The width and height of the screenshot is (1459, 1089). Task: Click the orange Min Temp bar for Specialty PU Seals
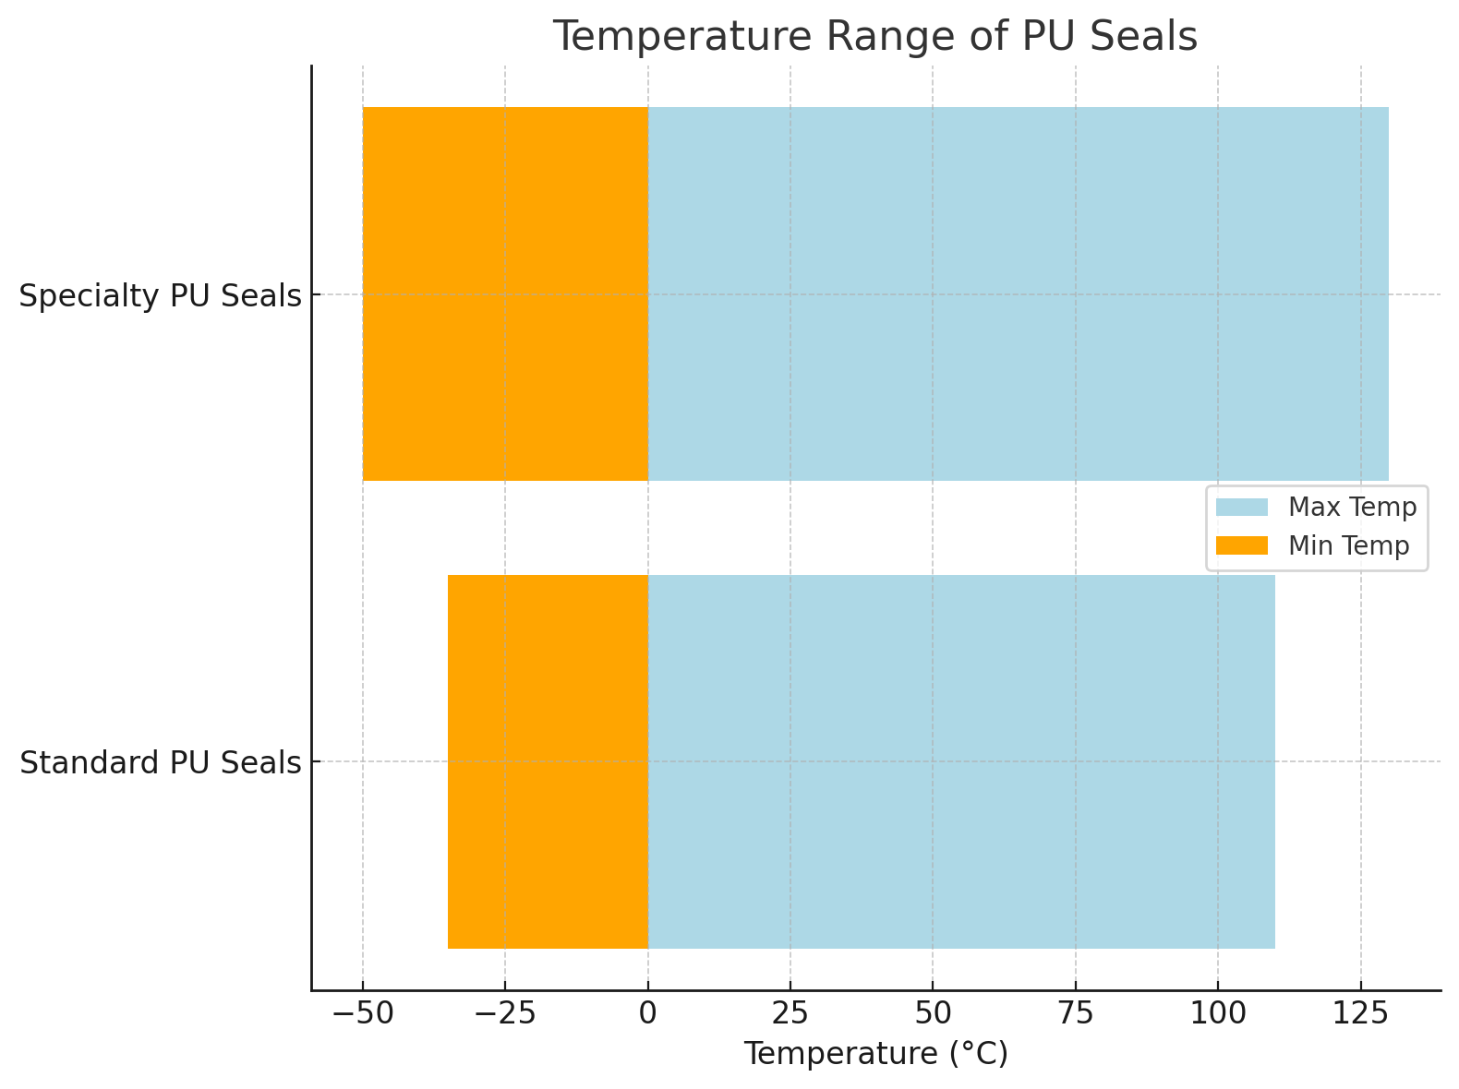505,293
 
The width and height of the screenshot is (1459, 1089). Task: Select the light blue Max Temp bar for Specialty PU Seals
1018,293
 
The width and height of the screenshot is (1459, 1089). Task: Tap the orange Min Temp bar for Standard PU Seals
548,761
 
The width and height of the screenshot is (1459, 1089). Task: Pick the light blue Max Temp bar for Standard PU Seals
961,761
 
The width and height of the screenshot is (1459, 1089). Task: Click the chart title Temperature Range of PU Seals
874,38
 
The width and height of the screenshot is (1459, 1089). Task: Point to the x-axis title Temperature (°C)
875,1053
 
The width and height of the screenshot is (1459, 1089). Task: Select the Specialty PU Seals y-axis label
161,296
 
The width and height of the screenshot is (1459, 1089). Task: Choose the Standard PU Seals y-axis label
161,763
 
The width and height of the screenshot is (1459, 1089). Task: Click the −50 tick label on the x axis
362,1012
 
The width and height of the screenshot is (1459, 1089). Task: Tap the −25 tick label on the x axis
504,1012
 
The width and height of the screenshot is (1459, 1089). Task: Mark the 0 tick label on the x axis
647,1012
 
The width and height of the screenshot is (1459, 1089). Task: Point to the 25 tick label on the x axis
790,1012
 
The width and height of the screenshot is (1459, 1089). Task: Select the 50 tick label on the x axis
933,1012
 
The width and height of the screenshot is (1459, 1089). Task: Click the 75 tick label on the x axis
1076,1012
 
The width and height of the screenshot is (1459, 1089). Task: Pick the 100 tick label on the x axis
1218,1012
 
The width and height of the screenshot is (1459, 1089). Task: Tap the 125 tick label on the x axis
1360,1012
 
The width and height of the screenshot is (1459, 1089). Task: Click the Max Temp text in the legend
1352,508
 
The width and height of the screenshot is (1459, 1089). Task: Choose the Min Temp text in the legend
1348,546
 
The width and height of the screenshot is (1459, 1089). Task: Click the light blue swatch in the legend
1242,508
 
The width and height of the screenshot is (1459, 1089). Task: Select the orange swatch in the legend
1242,546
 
